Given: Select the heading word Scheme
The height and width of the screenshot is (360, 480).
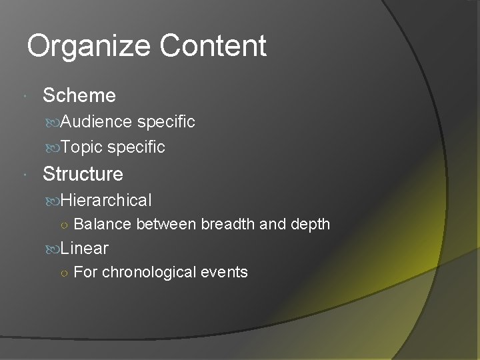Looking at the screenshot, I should [x=79, y=95].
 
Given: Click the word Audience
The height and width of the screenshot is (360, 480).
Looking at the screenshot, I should [x=96, y=121].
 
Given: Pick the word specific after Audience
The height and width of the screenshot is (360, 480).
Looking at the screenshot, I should [x=166, y=121].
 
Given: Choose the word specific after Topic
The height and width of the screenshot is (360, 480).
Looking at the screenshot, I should [x=136, y=147].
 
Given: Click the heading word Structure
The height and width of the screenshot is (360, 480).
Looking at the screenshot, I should [x=83, y=174].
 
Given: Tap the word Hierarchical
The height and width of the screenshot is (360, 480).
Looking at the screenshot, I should [x=105, y=200].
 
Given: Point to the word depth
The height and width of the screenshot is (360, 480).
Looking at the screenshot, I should [x=309, y=225].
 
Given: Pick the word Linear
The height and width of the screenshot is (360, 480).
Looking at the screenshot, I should [x=84, y=249].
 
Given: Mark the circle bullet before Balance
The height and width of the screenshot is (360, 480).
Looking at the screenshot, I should [x=61, y=225].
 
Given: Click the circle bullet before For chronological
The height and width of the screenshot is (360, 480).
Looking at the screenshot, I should [x=61, y=273].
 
